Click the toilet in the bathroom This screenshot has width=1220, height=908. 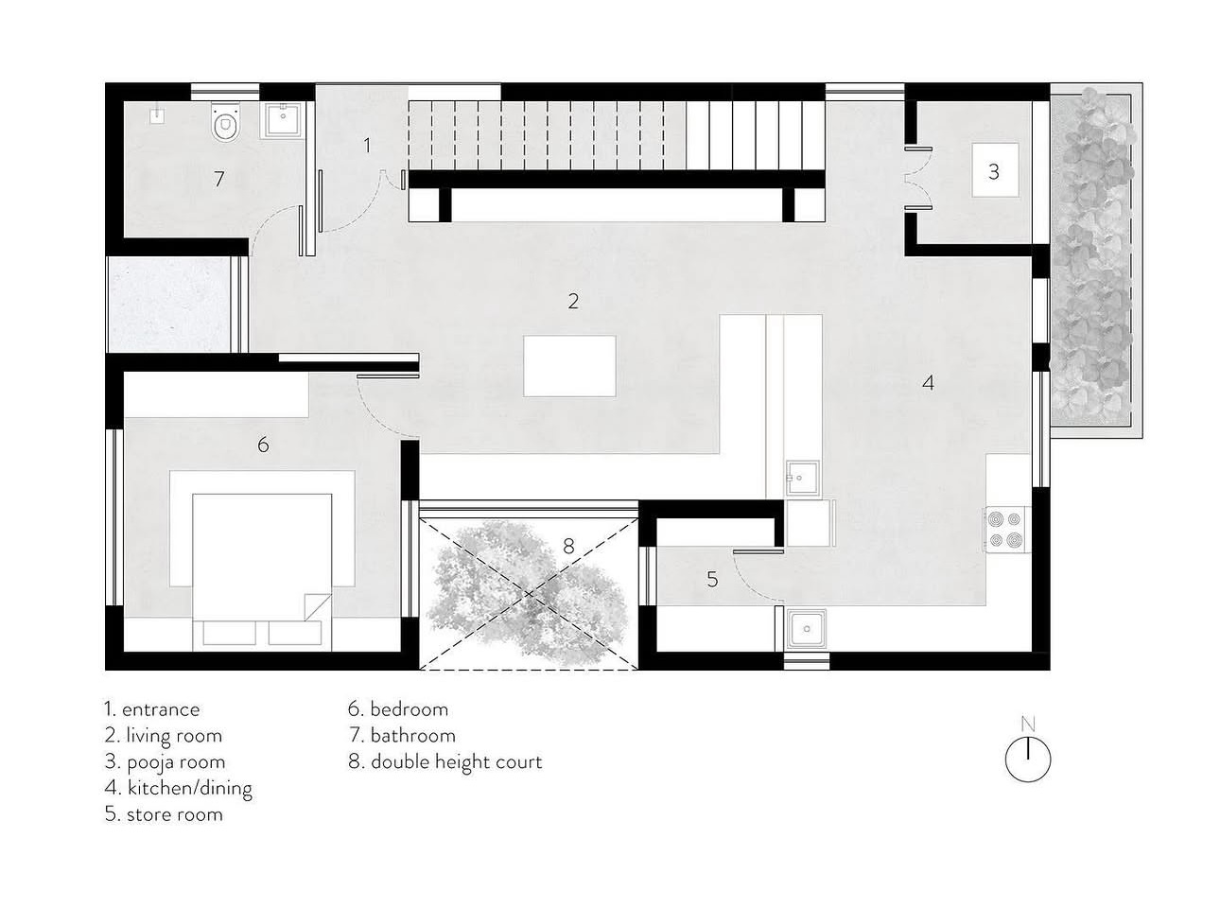tap(225, 121)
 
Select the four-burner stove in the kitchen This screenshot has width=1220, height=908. tap(1005, 530)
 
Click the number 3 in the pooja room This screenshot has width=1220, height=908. tap(993, 172)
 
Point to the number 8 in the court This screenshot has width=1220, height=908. tap(568, 546)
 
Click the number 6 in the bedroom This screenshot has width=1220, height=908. tap(263, 445)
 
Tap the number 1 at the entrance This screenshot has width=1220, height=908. tap(367, 146)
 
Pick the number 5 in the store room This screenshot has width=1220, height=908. tap(712, 579)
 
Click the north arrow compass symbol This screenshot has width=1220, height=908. tap(1027, 758)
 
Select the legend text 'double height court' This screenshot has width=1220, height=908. tap(457, 762)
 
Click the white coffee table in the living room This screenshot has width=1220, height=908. tap(569, 366)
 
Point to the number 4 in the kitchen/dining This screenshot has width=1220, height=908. tap(928, 383)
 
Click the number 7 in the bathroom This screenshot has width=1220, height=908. tap(218, 179)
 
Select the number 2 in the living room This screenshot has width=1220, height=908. tap(573, 301)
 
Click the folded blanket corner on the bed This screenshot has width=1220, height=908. tap(318, 606)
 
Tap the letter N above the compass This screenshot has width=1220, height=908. tap(1027, 725)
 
